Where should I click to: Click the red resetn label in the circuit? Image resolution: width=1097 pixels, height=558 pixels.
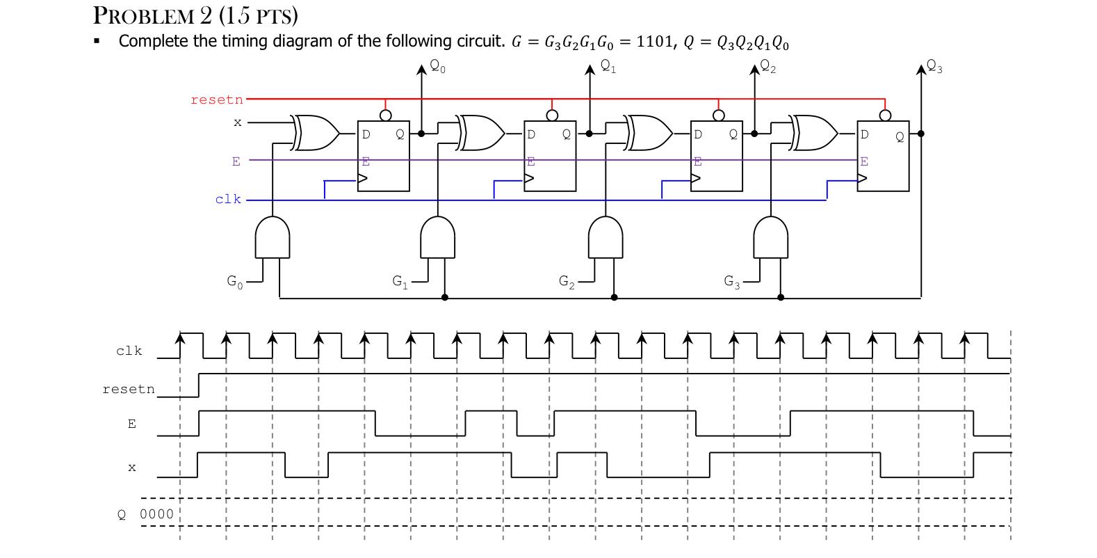[217, 99]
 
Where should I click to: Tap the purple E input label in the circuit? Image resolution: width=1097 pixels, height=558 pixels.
[236, 161]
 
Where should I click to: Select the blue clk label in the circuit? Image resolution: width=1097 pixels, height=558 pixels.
[228, 199]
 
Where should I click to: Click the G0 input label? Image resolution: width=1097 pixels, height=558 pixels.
[235, 282]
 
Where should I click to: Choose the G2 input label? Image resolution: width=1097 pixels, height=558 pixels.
[567, 282]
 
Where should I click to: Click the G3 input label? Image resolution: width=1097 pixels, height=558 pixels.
[732, 282]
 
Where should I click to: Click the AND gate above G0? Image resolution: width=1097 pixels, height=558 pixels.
[273, 237]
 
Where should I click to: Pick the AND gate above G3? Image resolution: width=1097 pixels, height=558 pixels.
[772, 237]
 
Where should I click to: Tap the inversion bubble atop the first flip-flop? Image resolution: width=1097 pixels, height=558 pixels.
[384, 114]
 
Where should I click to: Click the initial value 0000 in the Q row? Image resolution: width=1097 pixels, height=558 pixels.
[156, 514]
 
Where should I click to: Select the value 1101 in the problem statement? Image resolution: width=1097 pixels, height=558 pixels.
[654, 42]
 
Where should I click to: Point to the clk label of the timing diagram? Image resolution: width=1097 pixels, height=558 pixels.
[129, 351]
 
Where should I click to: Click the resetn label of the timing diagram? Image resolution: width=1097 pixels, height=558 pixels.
[129, 389]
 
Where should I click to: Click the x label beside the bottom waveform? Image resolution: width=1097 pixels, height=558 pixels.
[131, 468]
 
